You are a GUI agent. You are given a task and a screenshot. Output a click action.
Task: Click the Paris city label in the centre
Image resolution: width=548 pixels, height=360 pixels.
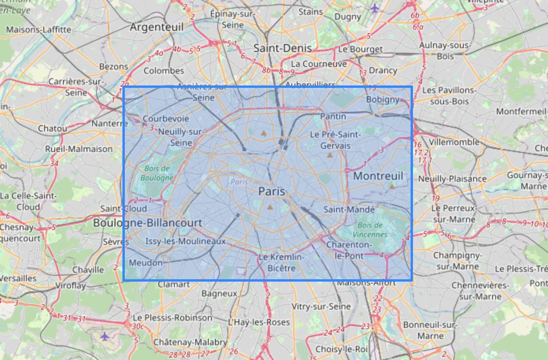point(272,191)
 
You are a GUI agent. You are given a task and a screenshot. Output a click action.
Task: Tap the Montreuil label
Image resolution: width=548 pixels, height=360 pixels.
point(378,176)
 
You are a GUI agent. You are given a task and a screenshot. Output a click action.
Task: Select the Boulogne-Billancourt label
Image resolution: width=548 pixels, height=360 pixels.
point(148,223)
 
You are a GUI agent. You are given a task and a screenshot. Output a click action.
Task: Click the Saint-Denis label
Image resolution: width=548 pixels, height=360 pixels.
point(282,48)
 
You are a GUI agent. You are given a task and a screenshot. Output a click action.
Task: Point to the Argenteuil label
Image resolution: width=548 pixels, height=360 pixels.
point(156,27)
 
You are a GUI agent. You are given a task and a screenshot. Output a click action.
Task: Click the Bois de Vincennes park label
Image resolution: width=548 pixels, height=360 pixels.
point(370,230)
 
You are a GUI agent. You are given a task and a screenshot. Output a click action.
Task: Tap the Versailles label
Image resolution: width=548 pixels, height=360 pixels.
point(18,278)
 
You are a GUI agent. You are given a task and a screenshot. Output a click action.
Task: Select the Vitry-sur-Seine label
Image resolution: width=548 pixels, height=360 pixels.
point(321,306)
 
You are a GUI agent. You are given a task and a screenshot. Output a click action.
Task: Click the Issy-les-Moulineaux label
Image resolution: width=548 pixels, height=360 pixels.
point(185,241)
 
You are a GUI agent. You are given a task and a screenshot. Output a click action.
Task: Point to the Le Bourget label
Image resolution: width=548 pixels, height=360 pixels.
point(360,49)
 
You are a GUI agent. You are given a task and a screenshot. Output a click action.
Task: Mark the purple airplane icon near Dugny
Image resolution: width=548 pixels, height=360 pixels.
point(374,7)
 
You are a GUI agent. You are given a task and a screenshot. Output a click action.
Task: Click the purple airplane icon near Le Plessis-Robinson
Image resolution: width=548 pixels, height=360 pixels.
point(104,336)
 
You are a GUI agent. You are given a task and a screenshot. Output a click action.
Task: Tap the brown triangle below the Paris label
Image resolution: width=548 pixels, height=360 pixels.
point(270,207)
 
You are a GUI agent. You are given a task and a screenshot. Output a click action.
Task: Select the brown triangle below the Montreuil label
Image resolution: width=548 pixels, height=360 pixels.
point(392,186)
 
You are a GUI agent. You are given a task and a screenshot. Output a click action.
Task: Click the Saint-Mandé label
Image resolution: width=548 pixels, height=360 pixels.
point(349,210)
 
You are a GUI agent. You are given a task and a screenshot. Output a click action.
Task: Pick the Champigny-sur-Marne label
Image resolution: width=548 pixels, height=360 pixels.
point(457,261)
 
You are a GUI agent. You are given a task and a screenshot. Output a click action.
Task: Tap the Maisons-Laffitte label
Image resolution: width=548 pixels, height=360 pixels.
point(38,30)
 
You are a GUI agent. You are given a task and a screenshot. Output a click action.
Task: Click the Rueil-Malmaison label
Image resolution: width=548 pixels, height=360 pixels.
point(79,149)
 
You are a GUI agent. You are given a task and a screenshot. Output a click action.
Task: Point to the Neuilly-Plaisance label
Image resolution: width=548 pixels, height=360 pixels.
point(452,179)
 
